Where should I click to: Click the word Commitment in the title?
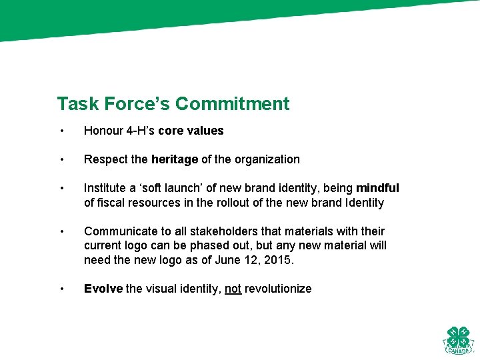(x=233, y=104)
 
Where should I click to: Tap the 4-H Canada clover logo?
(x=458, y=340)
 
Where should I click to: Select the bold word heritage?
(x=175, y=159)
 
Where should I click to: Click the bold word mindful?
(x=377, y=189)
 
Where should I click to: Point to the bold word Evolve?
(x=103, y=289)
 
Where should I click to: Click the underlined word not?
(x=233, y=289)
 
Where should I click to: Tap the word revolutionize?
(x=278, y=289)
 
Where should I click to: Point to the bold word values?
(x=205, y=131)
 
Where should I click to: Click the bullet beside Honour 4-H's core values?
(x=61, y=131)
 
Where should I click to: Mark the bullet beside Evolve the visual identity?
(x=61, y=289)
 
